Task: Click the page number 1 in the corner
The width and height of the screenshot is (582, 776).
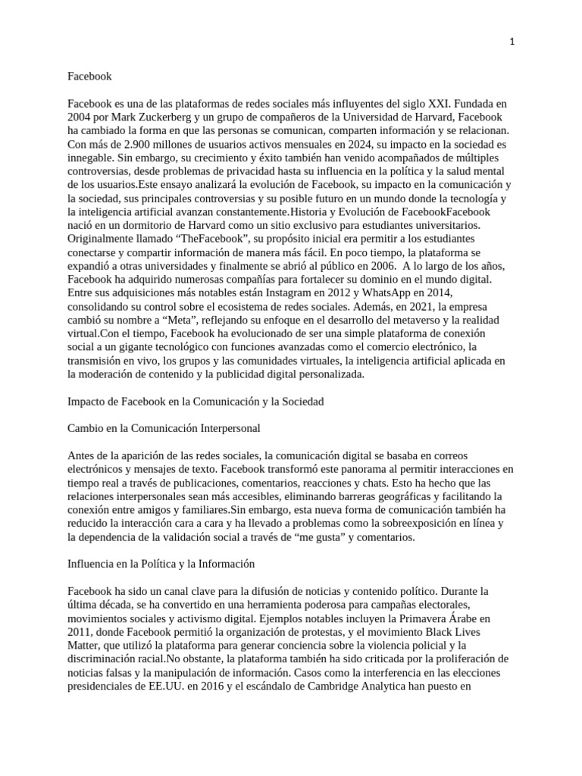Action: pos(512,42)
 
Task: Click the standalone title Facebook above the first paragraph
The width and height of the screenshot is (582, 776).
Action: pos(89,76)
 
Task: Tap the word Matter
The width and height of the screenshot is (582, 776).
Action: pos(85,644)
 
